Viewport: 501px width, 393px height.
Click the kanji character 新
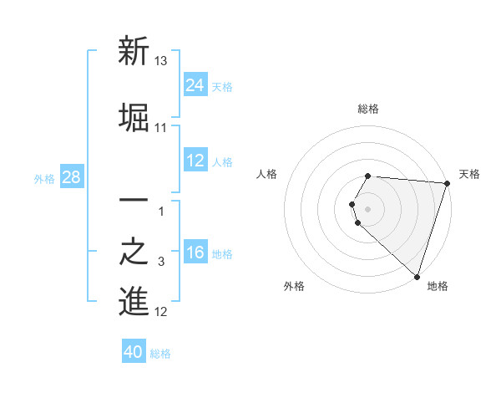[134, 52]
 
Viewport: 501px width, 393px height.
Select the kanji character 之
[134, 253]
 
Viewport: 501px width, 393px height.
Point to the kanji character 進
[134, 302]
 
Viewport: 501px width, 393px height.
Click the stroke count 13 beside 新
[161, 62]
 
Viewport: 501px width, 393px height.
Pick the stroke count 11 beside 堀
[161, 127]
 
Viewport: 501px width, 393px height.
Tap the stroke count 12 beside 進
[161, 313]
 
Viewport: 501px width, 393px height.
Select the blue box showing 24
[195, 84]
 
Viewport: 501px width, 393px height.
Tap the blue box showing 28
[72, 177]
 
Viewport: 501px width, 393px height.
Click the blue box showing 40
[134, 352]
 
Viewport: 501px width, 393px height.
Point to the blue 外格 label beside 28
[44, 179]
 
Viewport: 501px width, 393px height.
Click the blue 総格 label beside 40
[160, 354]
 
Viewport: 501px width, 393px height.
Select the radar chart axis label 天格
[470, 174]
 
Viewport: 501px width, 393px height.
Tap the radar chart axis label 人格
[267, 174]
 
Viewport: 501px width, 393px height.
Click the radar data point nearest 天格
[447, 183]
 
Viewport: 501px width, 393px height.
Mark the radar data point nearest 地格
[417, 277]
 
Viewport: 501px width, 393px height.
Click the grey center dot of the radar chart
[368, 208]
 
